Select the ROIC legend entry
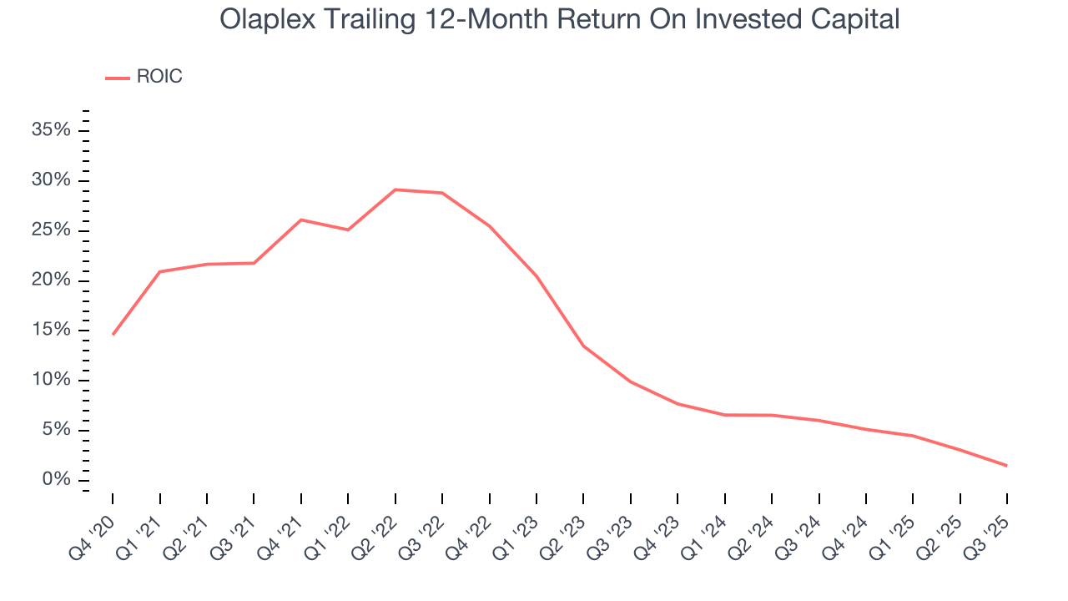coord(144,77)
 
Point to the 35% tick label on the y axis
coord(51,130)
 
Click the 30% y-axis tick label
coord(51,180)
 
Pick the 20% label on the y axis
coord(51,280)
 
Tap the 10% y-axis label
coord(51,380)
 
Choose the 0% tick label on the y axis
coord(56,480)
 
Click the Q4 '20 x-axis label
coord(97,523)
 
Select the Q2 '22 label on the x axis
coord(380,523)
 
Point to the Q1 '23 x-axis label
coord(521,523)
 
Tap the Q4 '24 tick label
coord(851,523)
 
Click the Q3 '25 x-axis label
coord(992,523)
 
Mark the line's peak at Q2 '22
coord(395,189)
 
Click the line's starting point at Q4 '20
coord(113,335)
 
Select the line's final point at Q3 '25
coord(1007,466)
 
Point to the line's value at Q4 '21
coord(300,220)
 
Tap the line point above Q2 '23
coord(583,346)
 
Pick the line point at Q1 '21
coord(159,271)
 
